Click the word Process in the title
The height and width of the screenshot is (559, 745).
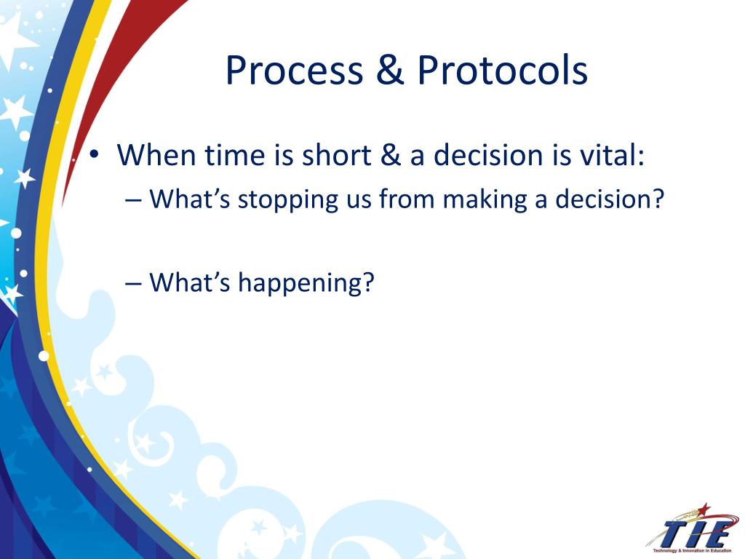tap(294, 71)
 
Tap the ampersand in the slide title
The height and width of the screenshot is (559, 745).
tap(390, 70)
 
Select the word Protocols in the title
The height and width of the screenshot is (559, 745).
tap(502, 70)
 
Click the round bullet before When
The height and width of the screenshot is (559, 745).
tap(95, 154)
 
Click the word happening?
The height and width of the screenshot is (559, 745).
tap(306, 283)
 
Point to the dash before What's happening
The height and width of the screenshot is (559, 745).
tap(134, 284)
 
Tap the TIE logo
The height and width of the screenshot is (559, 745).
tap(691, 528)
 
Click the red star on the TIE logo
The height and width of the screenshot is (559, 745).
tap(704, 510)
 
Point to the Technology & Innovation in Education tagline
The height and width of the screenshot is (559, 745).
tap(693, 550)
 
